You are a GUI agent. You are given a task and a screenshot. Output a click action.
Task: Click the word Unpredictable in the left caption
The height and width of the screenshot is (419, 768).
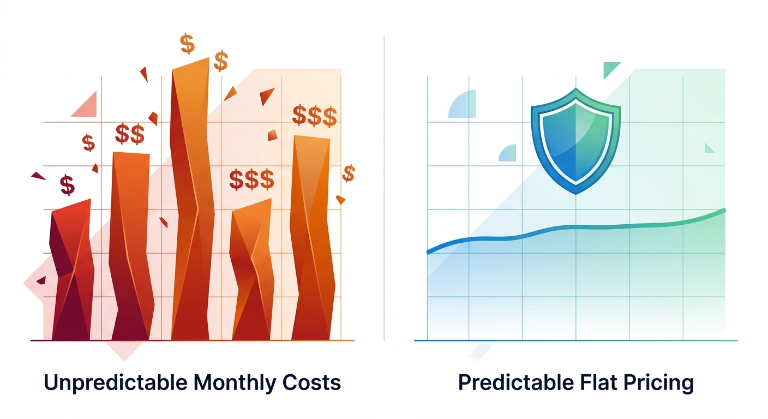[x=114, y=382]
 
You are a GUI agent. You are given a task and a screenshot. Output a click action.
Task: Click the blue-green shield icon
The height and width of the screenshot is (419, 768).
[x=575, y=140]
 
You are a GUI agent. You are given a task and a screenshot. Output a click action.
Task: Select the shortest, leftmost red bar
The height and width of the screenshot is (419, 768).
[x=71, y=273]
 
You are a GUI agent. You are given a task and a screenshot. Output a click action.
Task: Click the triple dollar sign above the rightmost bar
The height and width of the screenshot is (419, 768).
[x=314, y=116]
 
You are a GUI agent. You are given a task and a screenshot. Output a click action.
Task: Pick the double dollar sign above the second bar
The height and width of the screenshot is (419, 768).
[x=130, y=134]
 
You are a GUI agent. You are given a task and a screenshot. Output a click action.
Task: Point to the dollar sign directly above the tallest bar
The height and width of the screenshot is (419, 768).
[x=187, y=44]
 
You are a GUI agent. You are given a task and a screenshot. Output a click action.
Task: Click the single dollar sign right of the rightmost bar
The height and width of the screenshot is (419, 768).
[x=349, y=173]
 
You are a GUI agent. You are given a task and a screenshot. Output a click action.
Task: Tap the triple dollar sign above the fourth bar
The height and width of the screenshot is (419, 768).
[x=251, y=179]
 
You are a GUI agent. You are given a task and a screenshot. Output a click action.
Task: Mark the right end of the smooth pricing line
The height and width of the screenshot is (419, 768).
[x=724, y=210]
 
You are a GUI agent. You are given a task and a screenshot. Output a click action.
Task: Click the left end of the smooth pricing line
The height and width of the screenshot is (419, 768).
[x=428, y=252]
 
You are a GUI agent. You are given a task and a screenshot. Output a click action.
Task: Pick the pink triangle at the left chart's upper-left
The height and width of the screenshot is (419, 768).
[x=86, y=105]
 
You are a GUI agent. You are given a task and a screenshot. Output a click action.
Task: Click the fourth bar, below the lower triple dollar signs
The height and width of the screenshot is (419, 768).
[x=251, y=273]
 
